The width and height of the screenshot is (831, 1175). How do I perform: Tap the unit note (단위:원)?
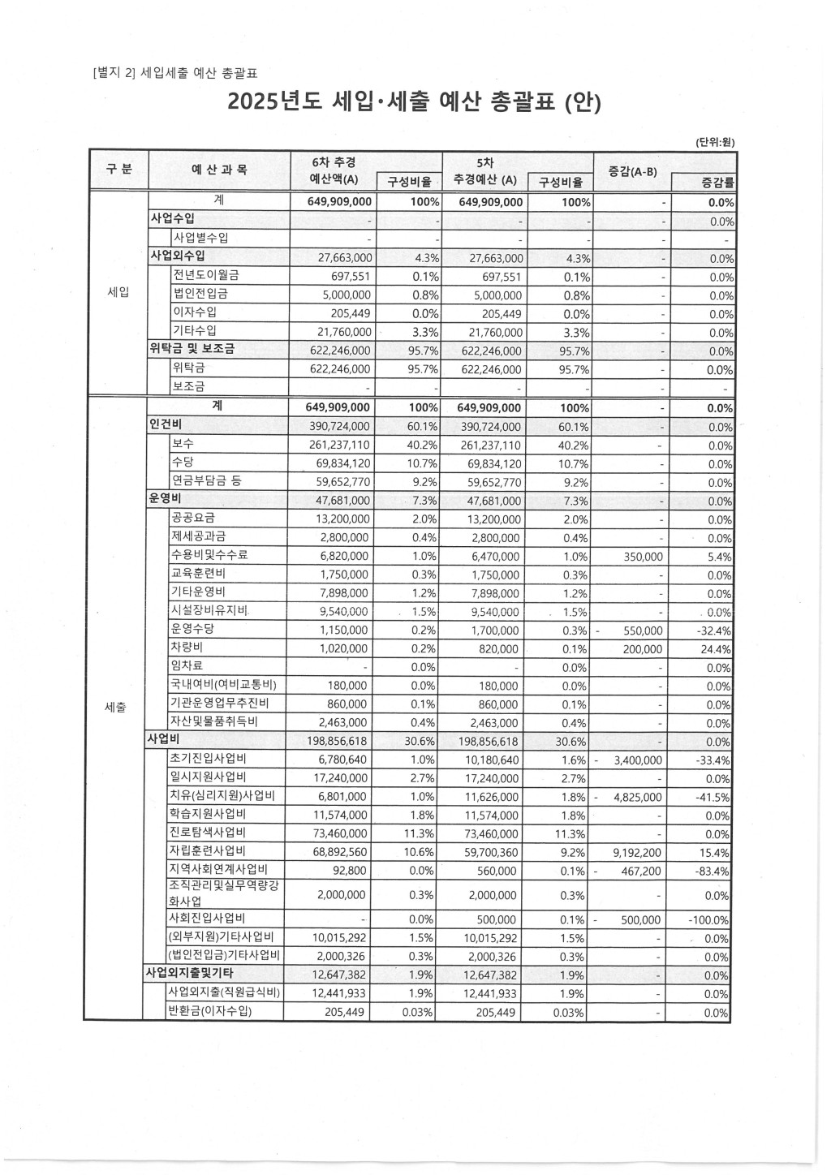[x=714, y=141]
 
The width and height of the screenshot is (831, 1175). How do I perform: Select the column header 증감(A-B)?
[x=632, y=170]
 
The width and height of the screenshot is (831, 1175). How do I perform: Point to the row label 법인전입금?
[x=200, y=294]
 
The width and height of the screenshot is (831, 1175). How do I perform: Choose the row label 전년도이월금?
[x=205, y=275]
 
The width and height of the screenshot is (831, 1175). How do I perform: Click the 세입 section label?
[x=118, y=293]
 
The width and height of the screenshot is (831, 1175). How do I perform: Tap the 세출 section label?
[x=116, y=707]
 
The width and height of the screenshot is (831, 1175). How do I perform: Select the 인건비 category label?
[x=165, y=425]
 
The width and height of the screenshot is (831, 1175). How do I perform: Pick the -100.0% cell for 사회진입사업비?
[x=708, y=920]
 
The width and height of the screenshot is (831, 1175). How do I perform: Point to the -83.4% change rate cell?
[x=713, y=872]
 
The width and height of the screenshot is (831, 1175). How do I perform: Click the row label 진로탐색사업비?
[x=208, y=833]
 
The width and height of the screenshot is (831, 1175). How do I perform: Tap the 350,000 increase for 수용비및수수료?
[x=643, y=557]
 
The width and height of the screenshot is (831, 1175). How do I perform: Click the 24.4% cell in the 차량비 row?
[x=715, y=649]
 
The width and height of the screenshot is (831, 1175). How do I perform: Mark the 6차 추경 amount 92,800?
[x=350, y=872]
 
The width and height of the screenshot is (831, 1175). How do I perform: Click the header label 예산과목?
[x=219, y=170]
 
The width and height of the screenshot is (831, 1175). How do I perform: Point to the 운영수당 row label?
[x=192, y=630]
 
